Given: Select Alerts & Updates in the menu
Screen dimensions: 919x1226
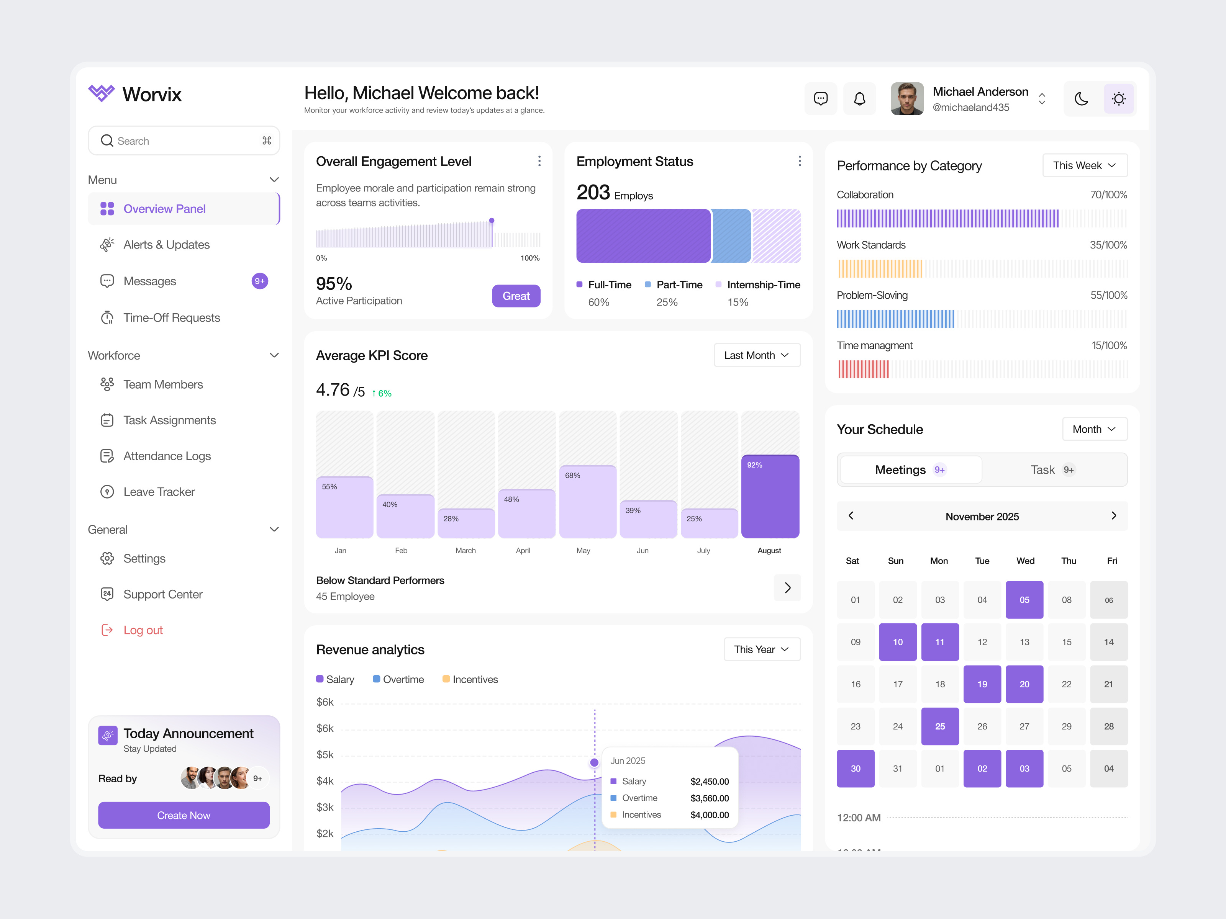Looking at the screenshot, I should point(166,245).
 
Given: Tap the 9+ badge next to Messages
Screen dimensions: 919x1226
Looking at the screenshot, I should point(259,281).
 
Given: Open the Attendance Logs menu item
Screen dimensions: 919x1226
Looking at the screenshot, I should point(166,456).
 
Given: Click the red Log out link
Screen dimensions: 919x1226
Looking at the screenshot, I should point(143,630).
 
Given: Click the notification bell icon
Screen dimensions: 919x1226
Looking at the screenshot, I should point(859,99).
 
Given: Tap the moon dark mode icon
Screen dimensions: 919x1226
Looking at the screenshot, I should point(1081,99).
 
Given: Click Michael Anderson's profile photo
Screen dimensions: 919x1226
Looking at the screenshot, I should point(907,99).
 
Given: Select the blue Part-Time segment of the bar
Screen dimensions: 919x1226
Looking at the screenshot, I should point(731,236).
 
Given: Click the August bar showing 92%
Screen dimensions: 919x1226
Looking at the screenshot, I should point(770,496).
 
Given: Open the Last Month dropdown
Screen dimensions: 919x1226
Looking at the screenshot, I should point(757,355).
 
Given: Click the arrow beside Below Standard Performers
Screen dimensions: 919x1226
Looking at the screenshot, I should point(787,588).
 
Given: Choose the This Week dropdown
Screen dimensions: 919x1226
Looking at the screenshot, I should point(1084,166).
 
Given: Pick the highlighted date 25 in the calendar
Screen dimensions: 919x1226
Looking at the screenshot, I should point(939,726).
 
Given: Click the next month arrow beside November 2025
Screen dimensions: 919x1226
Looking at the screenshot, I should point(1113,516).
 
